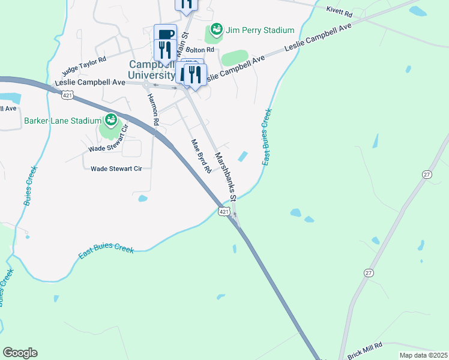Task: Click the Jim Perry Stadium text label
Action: pyautogui.click(x=259, y=30)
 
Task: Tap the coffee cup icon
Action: pyautogui.click(x=165, y=34)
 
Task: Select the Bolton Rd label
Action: pyautogui.click(x=200, y=50)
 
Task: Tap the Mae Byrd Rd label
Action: pyautogui.click(x=200, y=156)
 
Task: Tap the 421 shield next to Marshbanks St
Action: pyautogui.click(x=223, y=212)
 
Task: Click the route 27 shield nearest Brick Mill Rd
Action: pyautogui.click(x=367, y=272)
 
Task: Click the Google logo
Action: pyautogui.click(x=20, y=353)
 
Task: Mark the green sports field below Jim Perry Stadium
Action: pyautogui.click(x=235, y=58)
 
